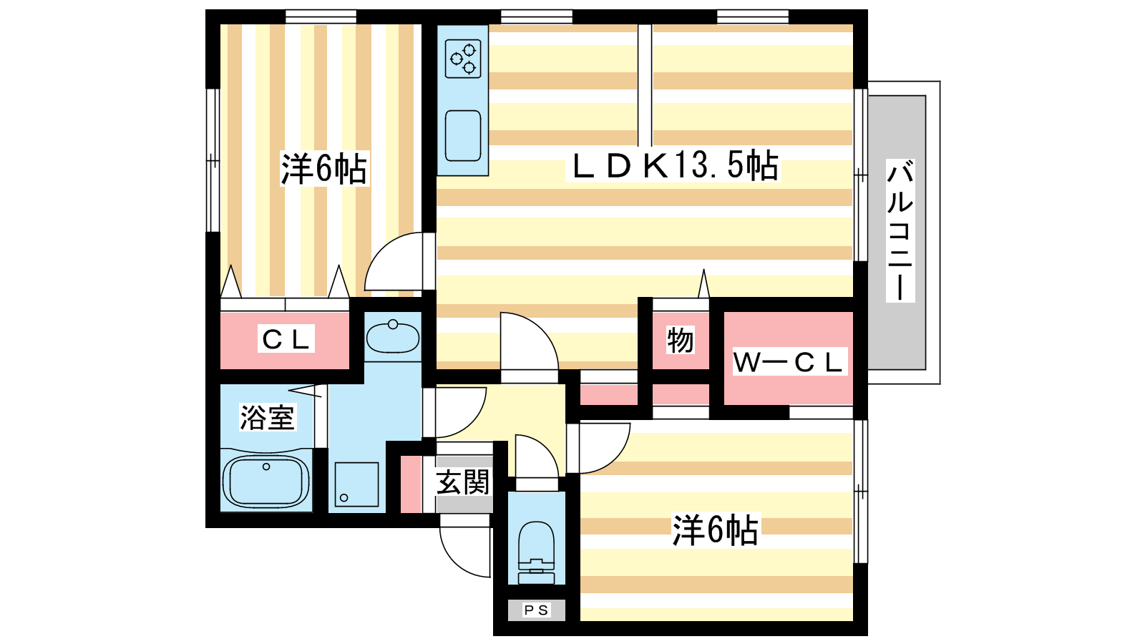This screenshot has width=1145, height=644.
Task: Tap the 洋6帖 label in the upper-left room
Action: coord(323,170)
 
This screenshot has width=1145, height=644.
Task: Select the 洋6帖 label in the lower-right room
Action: coord(715,530)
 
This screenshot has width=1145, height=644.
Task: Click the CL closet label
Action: coord(286,339)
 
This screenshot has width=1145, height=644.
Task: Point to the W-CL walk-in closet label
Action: coord(788,362)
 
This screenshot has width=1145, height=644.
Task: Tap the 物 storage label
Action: coord(680,341)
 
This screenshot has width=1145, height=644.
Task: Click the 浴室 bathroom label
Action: coord(267,417)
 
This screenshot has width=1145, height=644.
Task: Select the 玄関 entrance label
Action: coord(463,482)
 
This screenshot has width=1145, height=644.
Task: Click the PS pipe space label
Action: coord(536,610)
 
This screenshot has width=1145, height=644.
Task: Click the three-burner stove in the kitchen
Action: coord(463,59)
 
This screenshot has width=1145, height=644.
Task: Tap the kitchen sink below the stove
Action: coord(463,135)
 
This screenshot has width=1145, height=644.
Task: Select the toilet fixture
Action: coord(536,551)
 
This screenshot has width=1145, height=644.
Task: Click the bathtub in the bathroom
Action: coord(265,482)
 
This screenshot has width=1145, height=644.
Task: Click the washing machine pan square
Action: coord(356,484)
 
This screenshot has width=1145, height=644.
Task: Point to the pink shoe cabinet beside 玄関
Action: coord(410,484)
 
